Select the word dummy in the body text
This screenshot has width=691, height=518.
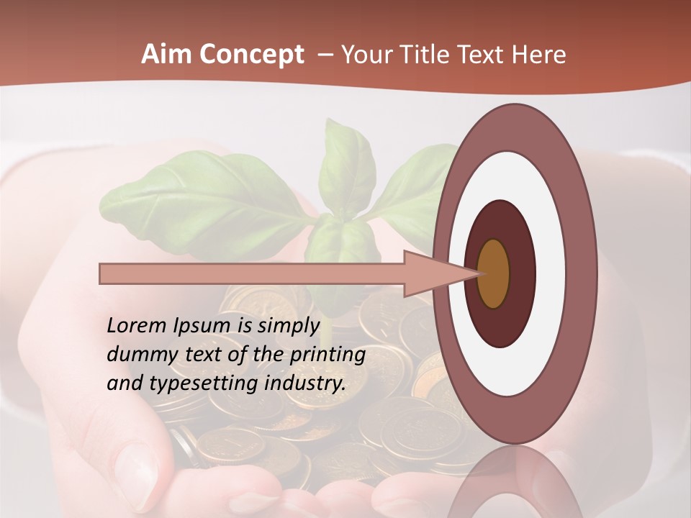point(137,354)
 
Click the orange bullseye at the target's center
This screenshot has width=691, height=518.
point(494,273)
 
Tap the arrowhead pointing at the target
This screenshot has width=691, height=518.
point(439,273)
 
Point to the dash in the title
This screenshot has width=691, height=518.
point(325,55)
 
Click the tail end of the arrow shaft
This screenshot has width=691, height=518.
point(104,274)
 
